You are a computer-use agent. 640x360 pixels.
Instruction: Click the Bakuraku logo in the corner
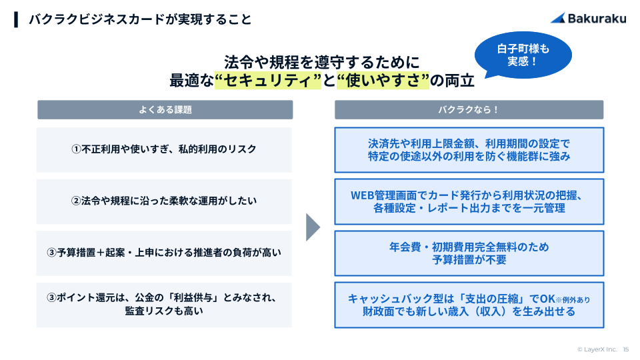click(588, 19)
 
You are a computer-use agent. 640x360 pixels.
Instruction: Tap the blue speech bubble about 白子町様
click(523, 55)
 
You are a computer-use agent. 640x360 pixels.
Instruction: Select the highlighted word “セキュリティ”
click(268, 81)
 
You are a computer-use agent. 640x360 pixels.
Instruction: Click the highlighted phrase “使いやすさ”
click(383, 81)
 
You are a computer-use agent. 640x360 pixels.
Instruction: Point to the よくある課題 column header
click(165, 110)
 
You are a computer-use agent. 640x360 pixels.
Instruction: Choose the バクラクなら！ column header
click(469, 110)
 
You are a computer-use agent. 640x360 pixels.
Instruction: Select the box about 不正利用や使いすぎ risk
click(164, 149)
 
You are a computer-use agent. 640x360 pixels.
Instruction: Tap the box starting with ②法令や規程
click(164, 201)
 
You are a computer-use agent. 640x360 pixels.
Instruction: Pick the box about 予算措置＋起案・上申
click(164, 253)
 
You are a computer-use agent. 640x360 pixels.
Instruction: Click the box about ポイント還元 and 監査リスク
click(164, 305)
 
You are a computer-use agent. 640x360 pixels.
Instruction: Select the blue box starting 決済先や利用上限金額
click(469, 150)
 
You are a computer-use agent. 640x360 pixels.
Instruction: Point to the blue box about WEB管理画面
click(469, 201)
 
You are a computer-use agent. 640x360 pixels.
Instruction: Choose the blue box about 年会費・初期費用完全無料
click(469, 253)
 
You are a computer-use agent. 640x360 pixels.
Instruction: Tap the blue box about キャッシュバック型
click(469, 305)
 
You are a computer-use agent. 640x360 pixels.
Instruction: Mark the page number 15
click(626, 349)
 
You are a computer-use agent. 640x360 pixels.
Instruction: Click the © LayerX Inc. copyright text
click(597, 349)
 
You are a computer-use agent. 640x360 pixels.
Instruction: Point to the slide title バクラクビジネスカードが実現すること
click(140, 19)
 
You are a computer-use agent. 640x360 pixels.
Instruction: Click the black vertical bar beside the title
click(16, 19)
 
